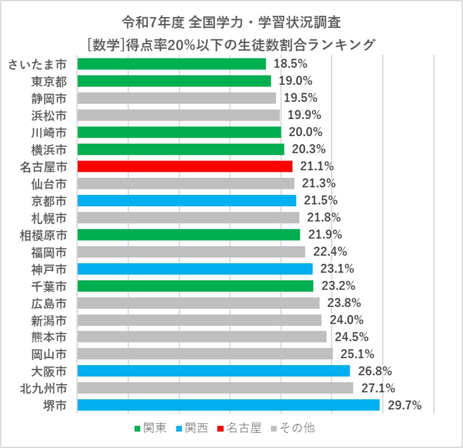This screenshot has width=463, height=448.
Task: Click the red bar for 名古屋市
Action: [184, 167]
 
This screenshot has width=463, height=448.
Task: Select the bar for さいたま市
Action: [172, 64]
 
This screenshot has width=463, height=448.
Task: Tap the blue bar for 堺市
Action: [228, 405]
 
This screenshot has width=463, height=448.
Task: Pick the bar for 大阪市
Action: [213, 371]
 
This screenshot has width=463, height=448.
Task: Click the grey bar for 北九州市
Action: [215, 388]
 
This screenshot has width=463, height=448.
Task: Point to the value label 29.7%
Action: [404, 405]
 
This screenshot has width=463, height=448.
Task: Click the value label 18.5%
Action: [290, 64]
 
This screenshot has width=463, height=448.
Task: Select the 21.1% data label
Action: [317, 166]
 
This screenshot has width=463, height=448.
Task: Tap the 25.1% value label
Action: [357, 354]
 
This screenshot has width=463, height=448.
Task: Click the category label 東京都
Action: [49, 81]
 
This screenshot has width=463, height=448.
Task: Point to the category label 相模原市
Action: [43, 235]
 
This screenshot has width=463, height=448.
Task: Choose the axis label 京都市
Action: [49, 201]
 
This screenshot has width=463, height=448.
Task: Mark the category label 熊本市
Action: [49, 337]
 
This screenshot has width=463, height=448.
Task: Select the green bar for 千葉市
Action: [195, 286]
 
